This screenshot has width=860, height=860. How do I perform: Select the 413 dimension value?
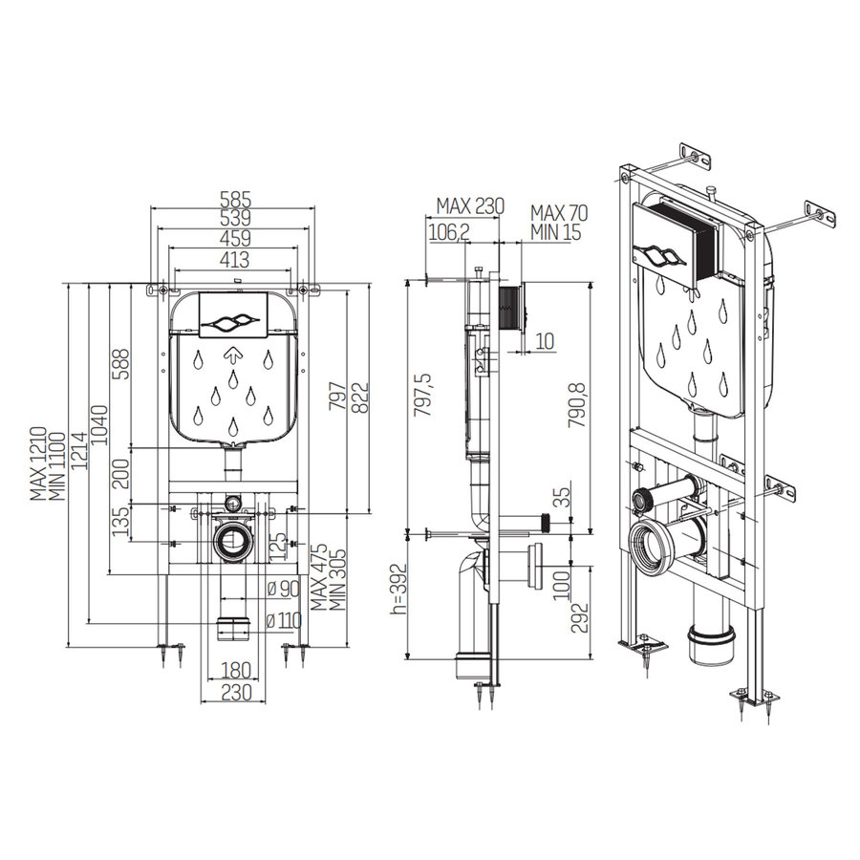coord(234,258)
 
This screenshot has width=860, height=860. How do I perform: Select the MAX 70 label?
coord(559,211)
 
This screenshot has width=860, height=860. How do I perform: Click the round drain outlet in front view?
coord(231,542)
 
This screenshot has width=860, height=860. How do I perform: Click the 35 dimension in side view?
coord(562,497)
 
